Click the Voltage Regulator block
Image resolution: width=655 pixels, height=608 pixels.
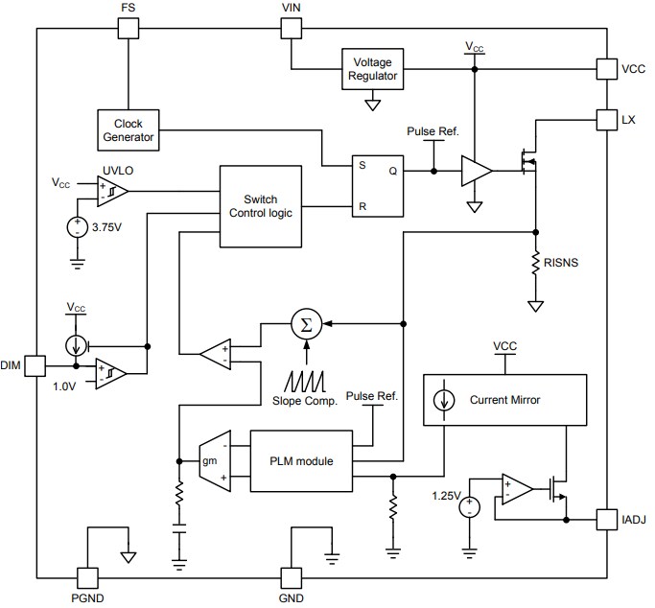(x=374, y=70)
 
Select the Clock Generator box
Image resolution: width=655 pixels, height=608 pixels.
(x=128, y=130)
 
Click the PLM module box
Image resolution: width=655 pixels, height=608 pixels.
(x=301, y=461)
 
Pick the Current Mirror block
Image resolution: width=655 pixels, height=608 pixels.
(x=503, y=400)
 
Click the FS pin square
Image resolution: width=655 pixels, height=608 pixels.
(x=128, y=28)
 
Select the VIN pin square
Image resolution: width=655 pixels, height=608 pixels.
(x=291, y=28)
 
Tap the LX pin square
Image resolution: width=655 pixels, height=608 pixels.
(x=606, y=120)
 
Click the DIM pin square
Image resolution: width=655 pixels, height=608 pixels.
(x=35, y=365)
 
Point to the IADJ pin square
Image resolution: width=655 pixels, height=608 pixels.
(x=606, y=519)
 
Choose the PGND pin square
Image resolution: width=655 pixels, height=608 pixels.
(x=87, y=577)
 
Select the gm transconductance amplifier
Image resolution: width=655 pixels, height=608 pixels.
(x=212, y=461)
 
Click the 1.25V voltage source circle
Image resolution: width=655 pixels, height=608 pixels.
(x=470, y=506)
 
